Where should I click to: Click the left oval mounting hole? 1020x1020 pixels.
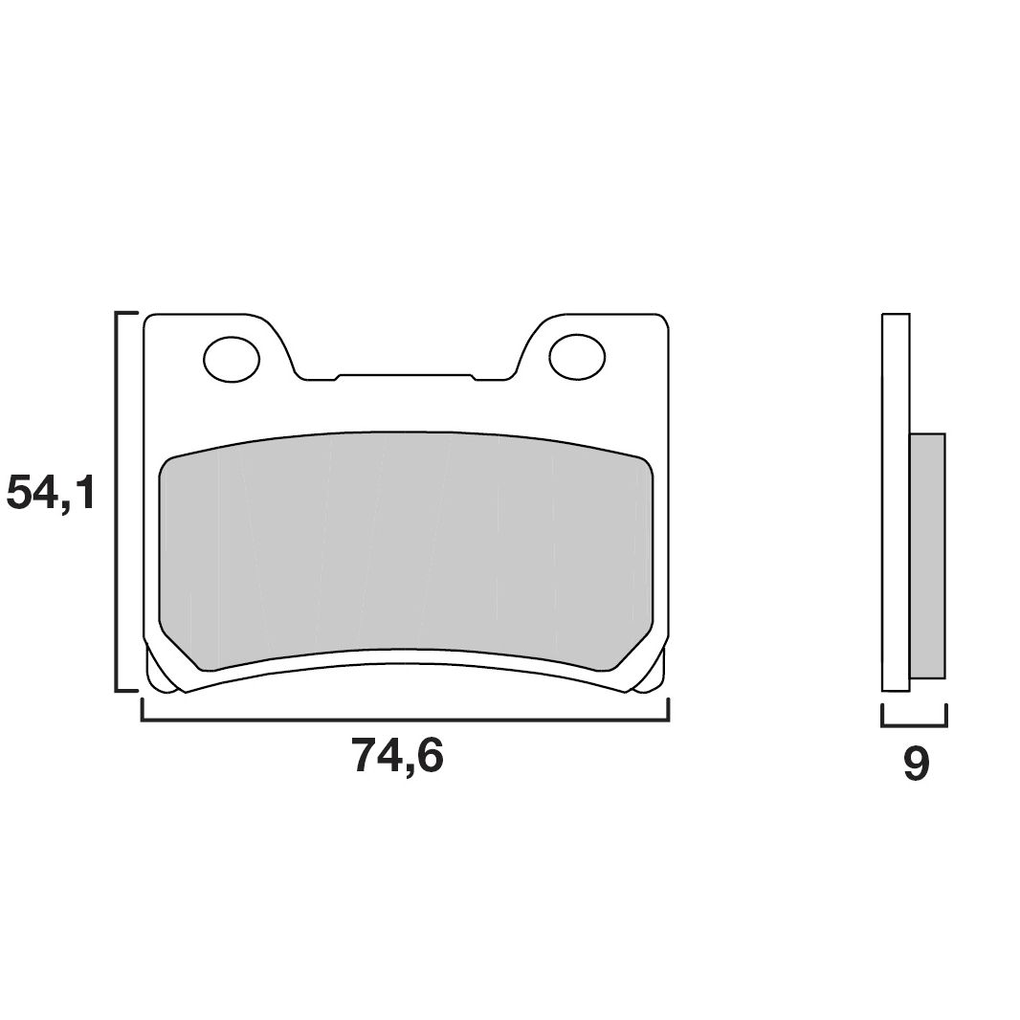pyautogui.click(x=232, y=359)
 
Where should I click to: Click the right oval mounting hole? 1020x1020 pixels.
pyautogui.click(x=577, y=357)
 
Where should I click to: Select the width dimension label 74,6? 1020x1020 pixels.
pyautogui.click(x=398, y=757)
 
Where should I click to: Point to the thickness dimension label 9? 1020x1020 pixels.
pyautogui.click(x=916, y=765)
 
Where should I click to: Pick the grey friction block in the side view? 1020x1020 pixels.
pyautogui.click(x=926, y=555)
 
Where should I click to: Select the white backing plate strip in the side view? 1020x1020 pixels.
pyautogui.click(x=895, y=501)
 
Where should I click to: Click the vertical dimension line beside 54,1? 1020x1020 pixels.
pyautogui.click(x=117, y=501)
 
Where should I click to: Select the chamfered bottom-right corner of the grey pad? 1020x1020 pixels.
pyautogui.click(x=631, y=649)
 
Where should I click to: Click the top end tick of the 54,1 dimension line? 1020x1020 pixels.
pyautogui.click(x=126, y=313)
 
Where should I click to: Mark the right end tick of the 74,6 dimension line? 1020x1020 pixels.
pyautogui.click(x=668, y=709)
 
